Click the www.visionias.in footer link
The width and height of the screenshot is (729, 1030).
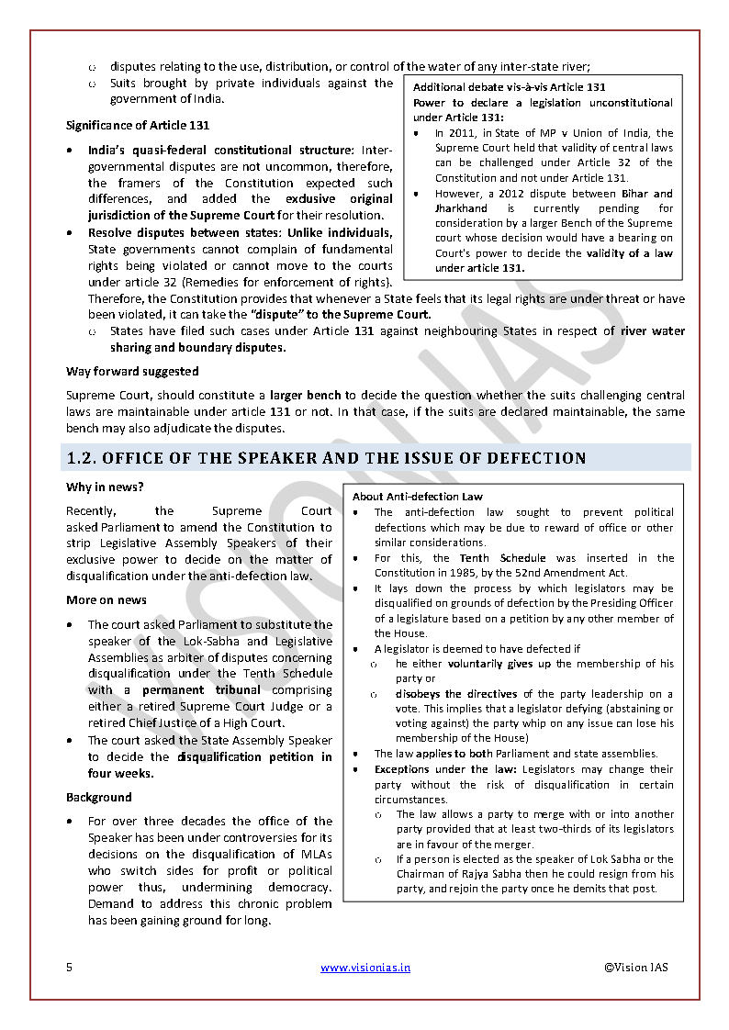pos(365,967)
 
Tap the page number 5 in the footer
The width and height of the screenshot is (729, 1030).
pos(69,967)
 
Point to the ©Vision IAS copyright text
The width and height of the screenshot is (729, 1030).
pos(636,967)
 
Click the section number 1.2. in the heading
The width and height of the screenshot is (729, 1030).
pos(84,458)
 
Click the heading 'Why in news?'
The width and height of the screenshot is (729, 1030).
pos(105,487)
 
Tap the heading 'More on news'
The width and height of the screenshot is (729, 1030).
pos(106,600)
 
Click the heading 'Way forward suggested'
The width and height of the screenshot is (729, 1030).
pos(132,372)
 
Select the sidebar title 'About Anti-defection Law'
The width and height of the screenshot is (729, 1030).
pos(418,497)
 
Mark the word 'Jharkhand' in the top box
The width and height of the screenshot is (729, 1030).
pos(462,207)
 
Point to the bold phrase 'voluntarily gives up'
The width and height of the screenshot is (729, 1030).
pos(499,663)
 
